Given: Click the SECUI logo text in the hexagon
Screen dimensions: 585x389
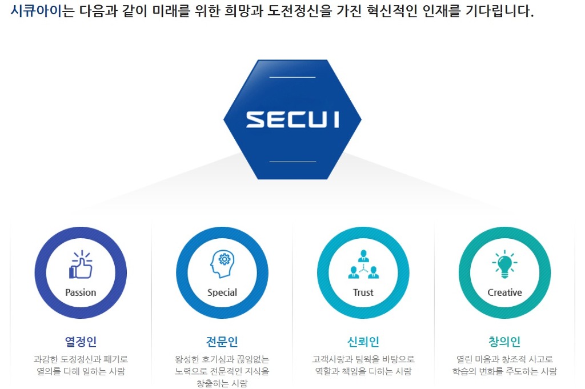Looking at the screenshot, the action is (292, 119).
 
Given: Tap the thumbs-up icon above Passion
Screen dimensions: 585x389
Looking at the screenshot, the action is (81, 264).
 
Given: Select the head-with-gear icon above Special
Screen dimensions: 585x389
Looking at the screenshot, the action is (222, 264).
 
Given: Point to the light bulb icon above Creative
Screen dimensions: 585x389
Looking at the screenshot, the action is (504, 264).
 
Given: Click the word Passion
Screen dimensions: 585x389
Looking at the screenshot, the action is (81, 292).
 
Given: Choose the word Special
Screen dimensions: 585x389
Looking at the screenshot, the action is (222, 293).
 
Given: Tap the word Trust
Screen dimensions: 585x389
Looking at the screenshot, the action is (363, 292).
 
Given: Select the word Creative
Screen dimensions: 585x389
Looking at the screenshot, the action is (505, 292).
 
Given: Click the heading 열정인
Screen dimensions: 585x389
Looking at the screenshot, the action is (81, 341).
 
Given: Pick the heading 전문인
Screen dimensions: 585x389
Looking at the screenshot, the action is (222, 341).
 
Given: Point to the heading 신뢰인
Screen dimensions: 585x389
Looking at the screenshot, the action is (363, 341).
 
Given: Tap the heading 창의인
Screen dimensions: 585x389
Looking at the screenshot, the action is (504, 341).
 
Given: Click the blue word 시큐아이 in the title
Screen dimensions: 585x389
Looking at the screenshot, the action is (36, 11).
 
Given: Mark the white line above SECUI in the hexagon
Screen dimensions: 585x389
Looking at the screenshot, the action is (292, 77).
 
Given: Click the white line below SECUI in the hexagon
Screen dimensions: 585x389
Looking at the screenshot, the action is (292, 162).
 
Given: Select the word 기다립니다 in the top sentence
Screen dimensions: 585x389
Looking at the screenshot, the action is (499, 11).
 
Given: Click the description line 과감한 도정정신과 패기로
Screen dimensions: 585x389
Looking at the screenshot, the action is (81, 359).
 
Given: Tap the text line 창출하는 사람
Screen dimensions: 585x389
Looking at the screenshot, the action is (222, 383).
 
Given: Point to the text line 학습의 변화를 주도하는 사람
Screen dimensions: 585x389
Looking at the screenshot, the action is (504, 371).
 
